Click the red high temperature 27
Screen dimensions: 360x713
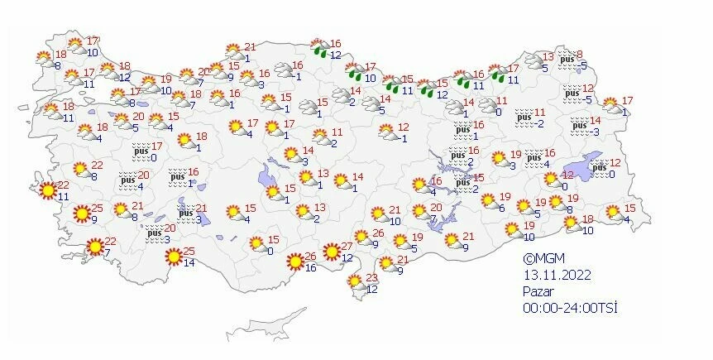tap(347, 247)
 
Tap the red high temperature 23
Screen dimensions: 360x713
tap(372, 276)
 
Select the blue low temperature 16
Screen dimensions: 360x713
tap(311, 268)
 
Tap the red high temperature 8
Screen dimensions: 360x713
tap(580, 54)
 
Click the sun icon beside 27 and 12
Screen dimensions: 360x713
tap(331, 252)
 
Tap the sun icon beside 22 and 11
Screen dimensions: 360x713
tap(48, 192)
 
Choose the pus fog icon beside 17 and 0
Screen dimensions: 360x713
tap(141, 151)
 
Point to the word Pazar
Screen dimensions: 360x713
tap(538, 291)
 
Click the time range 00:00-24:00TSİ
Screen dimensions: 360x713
tap(571, 307)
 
